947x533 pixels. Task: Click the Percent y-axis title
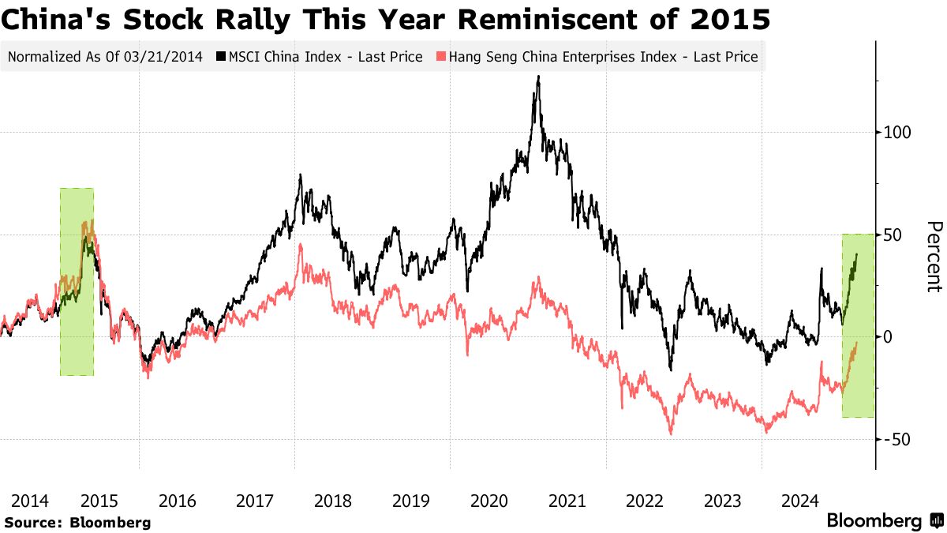tap(934, 257)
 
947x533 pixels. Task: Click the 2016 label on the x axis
tap(178, 501)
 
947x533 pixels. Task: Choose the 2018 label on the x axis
tap(333, 501)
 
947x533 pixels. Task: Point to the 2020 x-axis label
tap(488, 501)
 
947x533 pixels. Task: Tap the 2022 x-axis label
tap(644, 501)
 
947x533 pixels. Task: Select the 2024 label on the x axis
tap(799, 501)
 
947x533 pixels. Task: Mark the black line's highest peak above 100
tap(538, 77)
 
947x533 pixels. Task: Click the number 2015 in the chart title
tap(728, 19)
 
